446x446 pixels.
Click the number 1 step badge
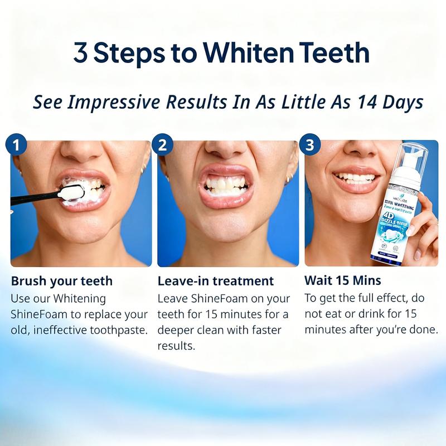(17, 146)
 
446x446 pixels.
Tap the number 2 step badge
(163, 146)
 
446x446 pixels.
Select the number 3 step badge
(310, 146)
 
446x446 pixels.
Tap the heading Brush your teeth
(62, 280)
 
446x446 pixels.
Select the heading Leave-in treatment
(216, 280)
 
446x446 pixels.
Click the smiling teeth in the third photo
(357, 178)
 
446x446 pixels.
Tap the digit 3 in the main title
(82, 54)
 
